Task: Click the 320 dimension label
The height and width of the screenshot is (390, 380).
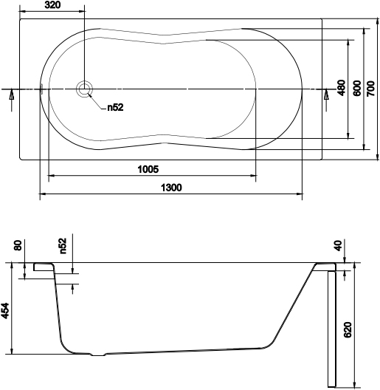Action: (52, 5)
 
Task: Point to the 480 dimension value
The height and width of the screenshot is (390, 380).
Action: (341, 88)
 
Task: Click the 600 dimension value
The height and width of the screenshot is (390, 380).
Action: (356, 88)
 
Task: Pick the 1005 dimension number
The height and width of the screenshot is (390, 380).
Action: (148, 169)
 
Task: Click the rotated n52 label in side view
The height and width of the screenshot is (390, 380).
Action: (63, 244)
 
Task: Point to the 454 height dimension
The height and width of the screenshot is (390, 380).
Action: (5, 310)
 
